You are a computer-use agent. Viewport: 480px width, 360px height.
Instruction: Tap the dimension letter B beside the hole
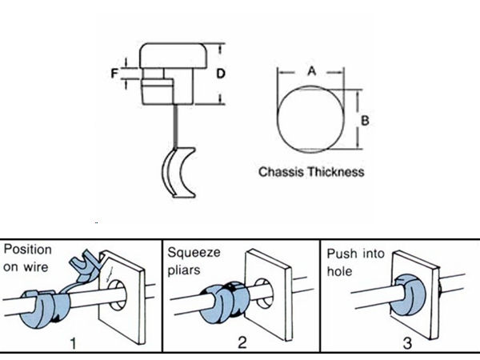364,121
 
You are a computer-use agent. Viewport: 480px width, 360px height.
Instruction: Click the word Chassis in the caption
280,171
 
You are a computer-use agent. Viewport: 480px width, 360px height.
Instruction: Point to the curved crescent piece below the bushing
178,170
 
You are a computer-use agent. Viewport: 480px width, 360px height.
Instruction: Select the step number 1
74,346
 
